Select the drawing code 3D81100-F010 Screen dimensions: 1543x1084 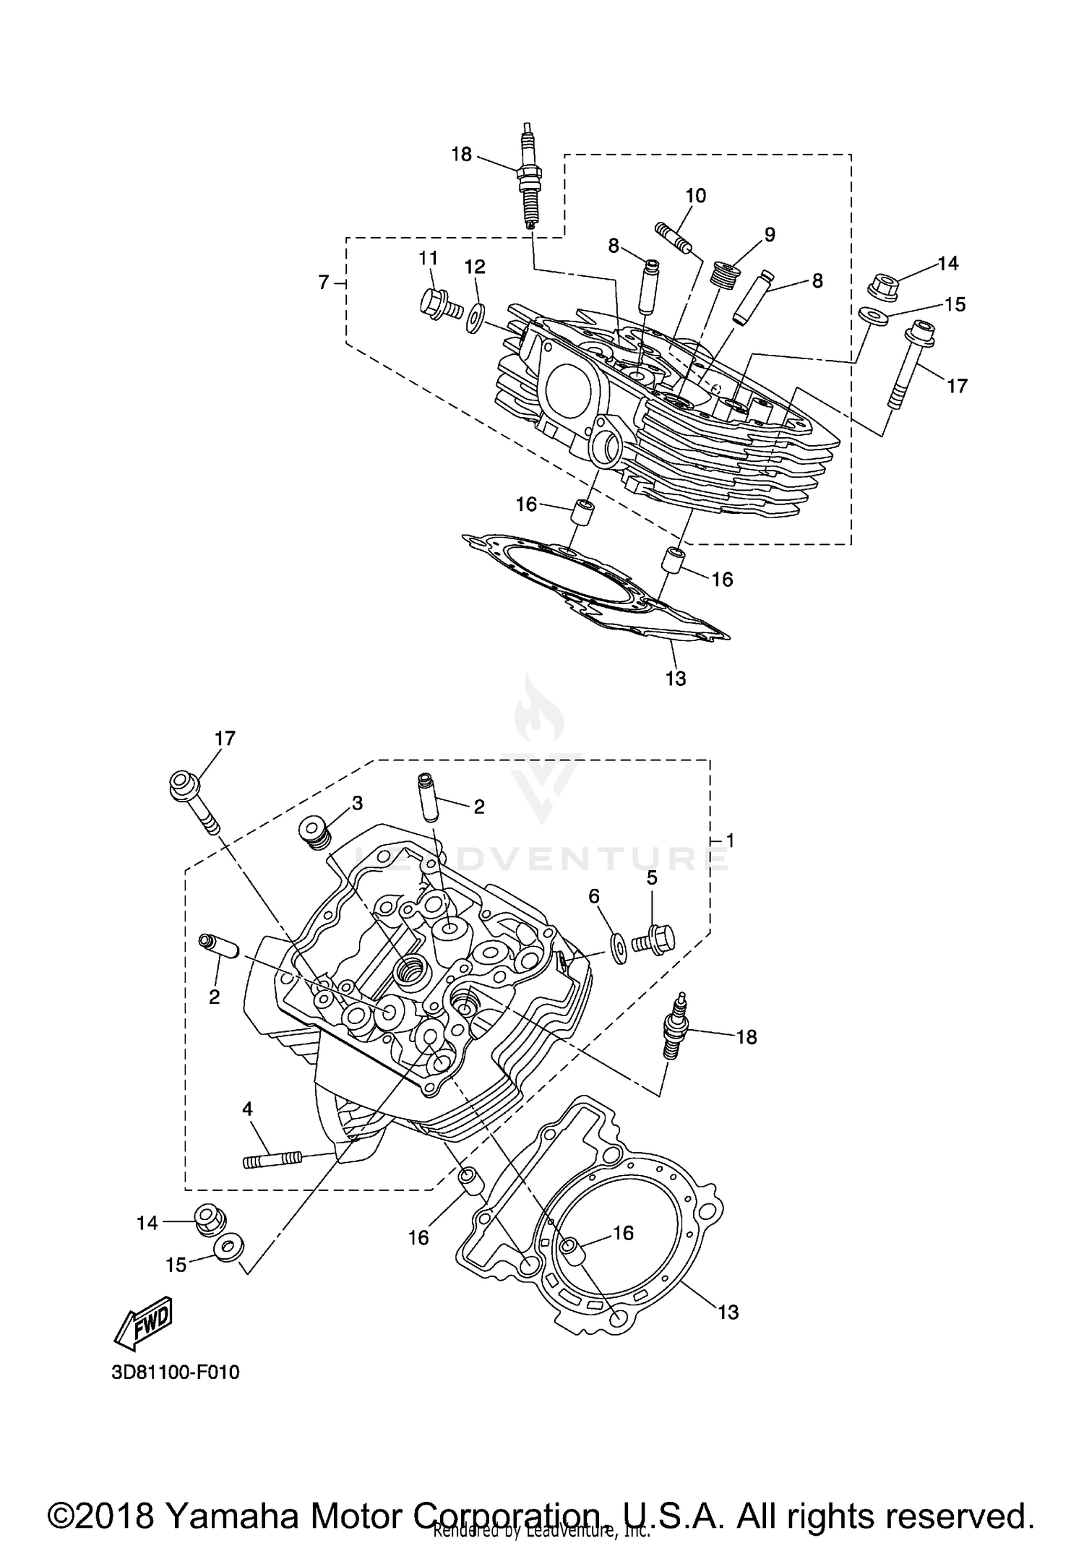point(176,1372)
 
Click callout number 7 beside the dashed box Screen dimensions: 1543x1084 point(324,282)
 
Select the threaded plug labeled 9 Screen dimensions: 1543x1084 point(724,275)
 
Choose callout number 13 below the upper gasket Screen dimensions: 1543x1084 point(676,678)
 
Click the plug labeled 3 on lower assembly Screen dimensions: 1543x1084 point(315,833)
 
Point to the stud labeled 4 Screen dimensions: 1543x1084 point(270,1161)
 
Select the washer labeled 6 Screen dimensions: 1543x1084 point(619,946)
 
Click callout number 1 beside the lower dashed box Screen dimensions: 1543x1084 point(730,841)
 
